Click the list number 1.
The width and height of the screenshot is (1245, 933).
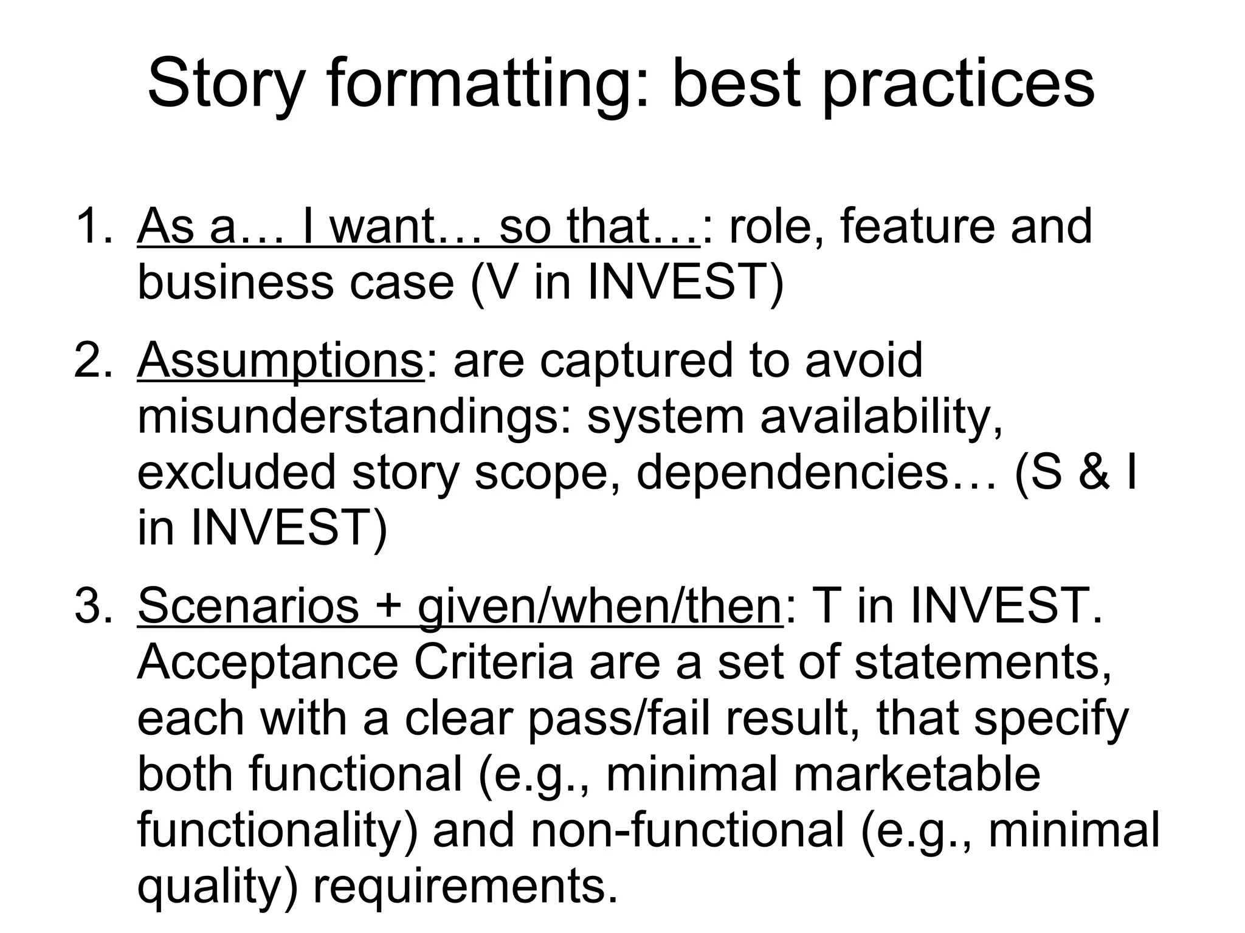(x=91, y=226)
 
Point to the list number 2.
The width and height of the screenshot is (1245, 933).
(x=91, y=360)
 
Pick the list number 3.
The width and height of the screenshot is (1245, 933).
(x=91, y=605)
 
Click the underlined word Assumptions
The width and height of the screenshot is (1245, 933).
(x=280, y=360)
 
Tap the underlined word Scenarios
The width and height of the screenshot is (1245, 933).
(x=248, y=605)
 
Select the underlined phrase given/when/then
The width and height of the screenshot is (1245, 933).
(x=599, y=605)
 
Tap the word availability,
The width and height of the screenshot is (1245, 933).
(x=881, y=417)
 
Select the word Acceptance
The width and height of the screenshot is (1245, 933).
(x=267, y=662)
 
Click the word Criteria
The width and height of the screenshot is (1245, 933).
(x=493, y=662)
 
